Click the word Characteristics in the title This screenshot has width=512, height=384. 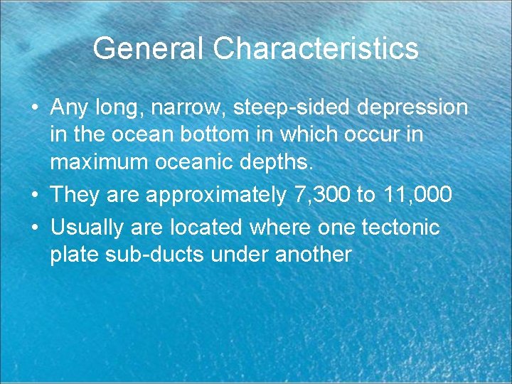coord(316,48)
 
